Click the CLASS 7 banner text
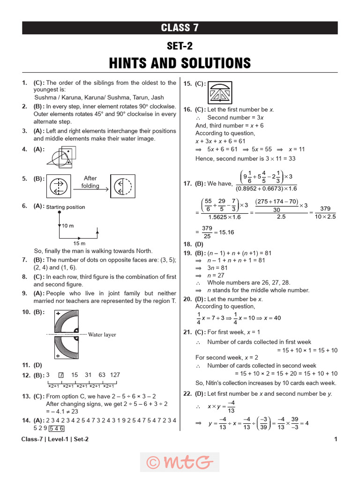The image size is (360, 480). [180, 28]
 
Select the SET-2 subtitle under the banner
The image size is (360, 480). [180, 45]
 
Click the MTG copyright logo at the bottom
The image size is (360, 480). [180, 462]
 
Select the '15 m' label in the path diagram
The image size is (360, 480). [79, 243]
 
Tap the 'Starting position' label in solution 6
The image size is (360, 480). [66, 207]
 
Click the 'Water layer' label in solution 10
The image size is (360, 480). [102, 335]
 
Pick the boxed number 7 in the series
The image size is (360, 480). [60, 375]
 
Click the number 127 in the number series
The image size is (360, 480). [114, 375]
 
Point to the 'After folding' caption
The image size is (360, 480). [90, 182]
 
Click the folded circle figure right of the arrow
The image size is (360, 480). [122, 186]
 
